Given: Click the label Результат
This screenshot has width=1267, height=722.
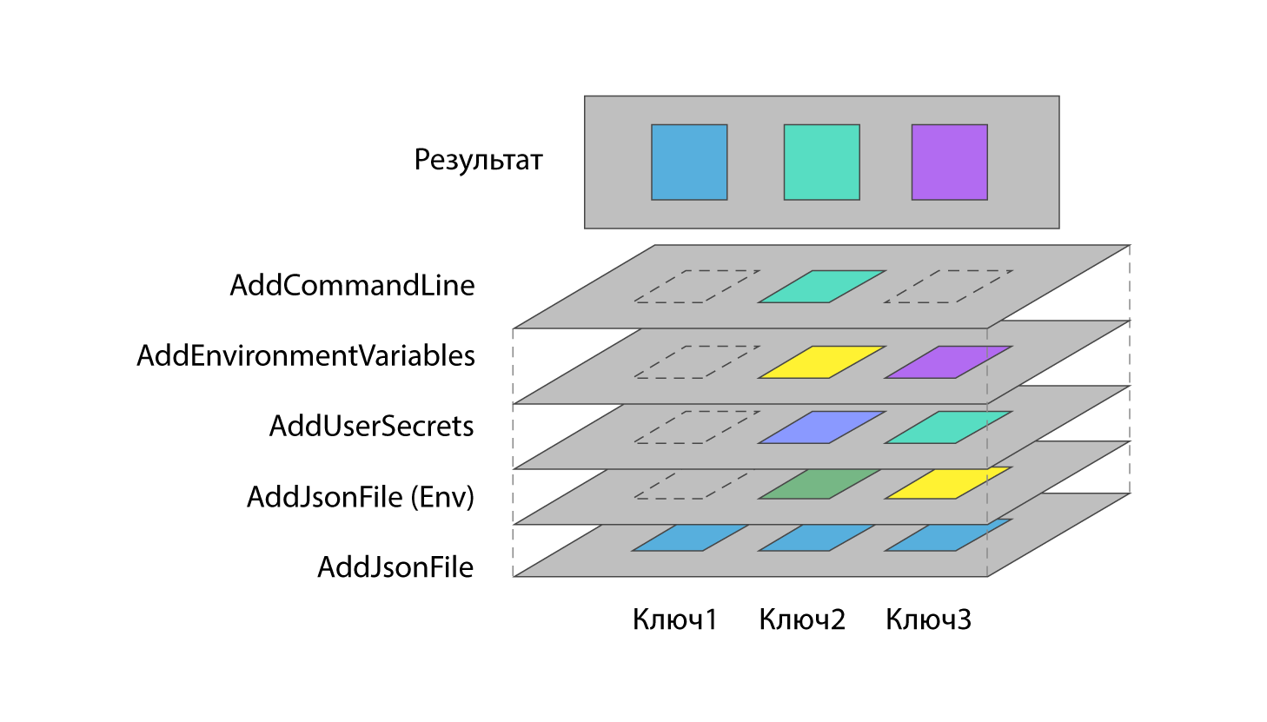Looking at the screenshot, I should click(x=478, y=161).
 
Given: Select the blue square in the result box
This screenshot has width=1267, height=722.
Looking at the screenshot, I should click(x=689, y=162).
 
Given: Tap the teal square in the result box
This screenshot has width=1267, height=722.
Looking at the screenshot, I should click(x=821, y=162).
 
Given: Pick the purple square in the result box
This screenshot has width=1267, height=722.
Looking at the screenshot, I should click(x=949, y=162).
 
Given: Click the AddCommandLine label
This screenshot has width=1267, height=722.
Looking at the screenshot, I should click(x=352, y=285).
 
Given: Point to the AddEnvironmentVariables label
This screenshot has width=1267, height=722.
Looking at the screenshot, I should click(x=306, y=355).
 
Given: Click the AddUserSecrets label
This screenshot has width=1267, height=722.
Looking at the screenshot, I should click(x=371, y=426).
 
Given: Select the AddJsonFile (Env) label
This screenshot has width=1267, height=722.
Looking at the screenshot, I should click(x=361, y=497).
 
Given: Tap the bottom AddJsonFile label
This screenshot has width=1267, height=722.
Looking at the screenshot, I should click(x=395, y=567).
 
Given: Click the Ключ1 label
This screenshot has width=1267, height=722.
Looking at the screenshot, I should click(x=675, y=619).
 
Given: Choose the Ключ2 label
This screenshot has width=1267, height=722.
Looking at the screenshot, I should click(x=801, y=619).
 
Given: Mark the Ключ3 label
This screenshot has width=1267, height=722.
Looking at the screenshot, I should click(x=928, y=619).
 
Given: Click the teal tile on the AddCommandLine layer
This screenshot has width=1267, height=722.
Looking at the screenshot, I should click(x=821, y=287).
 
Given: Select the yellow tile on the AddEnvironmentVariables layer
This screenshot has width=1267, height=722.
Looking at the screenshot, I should click(x=821, y=362).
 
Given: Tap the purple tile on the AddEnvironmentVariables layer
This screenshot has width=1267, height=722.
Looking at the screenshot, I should click(x=948, y=362).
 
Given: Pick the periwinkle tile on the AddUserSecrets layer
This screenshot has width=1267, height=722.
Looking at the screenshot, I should click(x=821, y=427).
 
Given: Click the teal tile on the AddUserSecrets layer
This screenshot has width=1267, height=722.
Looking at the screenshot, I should click(x=948, y=427).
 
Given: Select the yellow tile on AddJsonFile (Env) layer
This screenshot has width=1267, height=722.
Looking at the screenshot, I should click(x=947, y=483).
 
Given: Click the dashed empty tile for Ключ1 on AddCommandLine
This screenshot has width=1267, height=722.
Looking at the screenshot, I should click(x=696, y=287).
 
